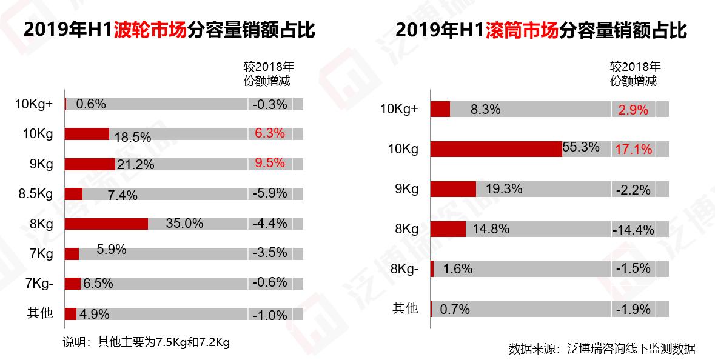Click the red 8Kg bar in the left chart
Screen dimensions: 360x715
click(x=106, y=224)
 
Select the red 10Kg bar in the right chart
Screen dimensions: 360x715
click(x=496, y=148)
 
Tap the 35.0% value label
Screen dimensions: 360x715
click(x=184, y=224)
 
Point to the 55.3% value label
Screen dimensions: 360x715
click(x=581, y=147)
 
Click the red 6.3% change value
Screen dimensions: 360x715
click(x=270, y=133)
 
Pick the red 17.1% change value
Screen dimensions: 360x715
click(x=634, y=149)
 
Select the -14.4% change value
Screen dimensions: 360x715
click(x=633, y=230)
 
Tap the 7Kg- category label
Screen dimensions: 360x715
click(x=39, y=283)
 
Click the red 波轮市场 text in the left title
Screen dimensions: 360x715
click(x=150, y=30)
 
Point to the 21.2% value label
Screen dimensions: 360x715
click(x=135, y=164)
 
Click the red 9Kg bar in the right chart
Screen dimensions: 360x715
click(x=453, y=189)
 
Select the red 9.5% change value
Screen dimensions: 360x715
click(x=270, y=164)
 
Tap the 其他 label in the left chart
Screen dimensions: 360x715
click(x=40, y=313)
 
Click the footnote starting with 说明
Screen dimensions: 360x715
click(x=146, y=342)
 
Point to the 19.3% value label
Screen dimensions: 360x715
click(x=503, y=189)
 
